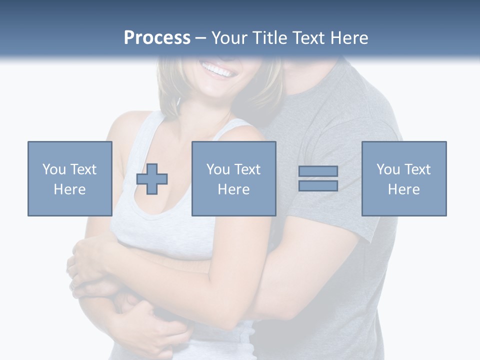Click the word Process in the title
[157, 38]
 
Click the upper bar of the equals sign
[318, 171]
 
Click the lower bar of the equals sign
[318, 185]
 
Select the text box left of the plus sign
[70, 178]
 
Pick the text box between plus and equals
[233, 178]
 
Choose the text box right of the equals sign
[403, 178]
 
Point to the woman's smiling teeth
[218, 69]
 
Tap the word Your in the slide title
[229, 38]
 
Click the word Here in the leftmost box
[69, 189]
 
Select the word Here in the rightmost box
[403, 189]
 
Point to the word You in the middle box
[218, 169]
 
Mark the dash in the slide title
[200, 38]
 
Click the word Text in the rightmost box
[417, 169]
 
